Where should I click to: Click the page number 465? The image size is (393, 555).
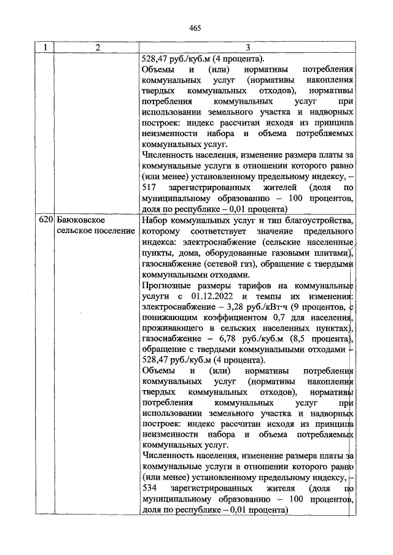click(196, 28)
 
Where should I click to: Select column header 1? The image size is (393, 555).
click(45, 48)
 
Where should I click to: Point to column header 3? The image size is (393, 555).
click(247, 48)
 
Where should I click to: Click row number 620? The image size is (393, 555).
click(46, 220)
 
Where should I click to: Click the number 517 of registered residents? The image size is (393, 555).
click(149, 188)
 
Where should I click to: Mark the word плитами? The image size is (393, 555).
click(332, 253)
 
